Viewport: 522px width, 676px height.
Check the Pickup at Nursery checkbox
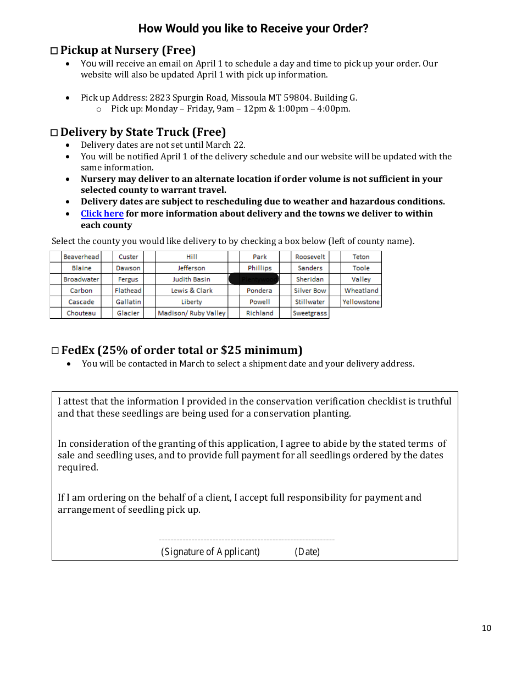54,51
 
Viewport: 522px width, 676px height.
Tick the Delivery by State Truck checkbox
54,133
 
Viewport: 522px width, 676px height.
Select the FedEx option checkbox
54,351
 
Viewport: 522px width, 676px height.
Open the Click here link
102,213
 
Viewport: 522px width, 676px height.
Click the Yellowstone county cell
361,302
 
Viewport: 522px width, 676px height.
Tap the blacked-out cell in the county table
254,279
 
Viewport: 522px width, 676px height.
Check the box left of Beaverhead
55,257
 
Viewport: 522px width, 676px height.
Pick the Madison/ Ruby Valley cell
191,313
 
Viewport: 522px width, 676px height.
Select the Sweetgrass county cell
310,313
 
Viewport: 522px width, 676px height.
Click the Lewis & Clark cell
191,291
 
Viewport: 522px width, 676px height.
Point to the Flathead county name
128,291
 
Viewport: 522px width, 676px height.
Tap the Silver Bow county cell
310,291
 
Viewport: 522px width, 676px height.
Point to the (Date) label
307,552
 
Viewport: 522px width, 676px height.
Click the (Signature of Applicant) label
210,552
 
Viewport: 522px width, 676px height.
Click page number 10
486,628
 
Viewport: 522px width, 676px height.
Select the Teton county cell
361,257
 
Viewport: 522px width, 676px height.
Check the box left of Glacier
107,313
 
